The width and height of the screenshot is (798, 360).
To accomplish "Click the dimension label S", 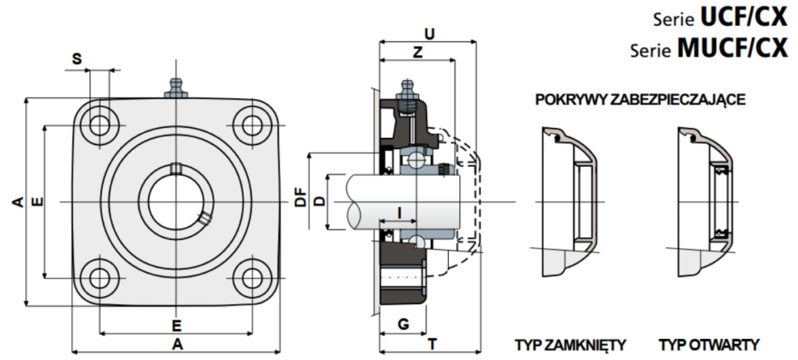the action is coord(76,58).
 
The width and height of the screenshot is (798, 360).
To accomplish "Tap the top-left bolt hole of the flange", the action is coord(100,125).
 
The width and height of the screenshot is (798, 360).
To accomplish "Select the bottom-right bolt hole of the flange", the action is coord(252,278).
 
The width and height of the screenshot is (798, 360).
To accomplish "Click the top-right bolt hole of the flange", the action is coord(252,125).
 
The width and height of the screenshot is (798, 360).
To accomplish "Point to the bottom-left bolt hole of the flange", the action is coord(100,278).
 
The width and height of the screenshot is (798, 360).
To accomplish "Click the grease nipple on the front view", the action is coord(175,87).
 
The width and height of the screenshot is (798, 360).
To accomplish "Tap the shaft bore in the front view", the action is coord(175,201).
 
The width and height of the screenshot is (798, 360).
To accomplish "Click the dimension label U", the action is coord(430,34).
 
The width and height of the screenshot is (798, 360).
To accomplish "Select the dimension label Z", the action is coord(418,52).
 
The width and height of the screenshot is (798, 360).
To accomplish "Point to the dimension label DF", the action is coord(301,197).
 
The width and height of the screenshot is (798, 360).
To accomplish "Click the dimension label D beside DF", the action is coord(319,201).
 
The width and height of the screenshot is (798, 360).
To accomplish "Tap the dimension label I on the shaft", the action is coord(400,213).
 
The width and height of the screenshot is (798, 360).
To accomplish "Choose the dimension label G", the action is coord(403,324).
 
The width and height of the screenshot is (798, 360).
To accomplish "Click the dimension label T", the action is coord(432,344).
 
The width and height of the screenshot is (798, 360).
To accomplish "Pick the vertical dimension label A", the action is coord(18,202).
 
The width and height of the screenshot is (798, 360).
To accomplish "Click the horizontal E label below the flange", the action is coord(177,325).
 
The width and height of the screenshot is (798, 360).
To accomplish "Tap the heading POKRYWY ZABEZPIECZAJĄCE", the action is coord(641,100).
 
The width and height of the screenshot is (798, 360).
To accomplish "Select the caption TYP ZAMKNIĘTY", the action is coord(570,344).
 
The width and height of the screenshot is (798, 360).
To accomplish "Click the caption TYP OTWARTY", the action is coord(709,344).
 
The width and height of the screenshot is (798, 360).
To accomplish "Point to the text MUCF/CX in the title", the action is coord(733,49).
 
